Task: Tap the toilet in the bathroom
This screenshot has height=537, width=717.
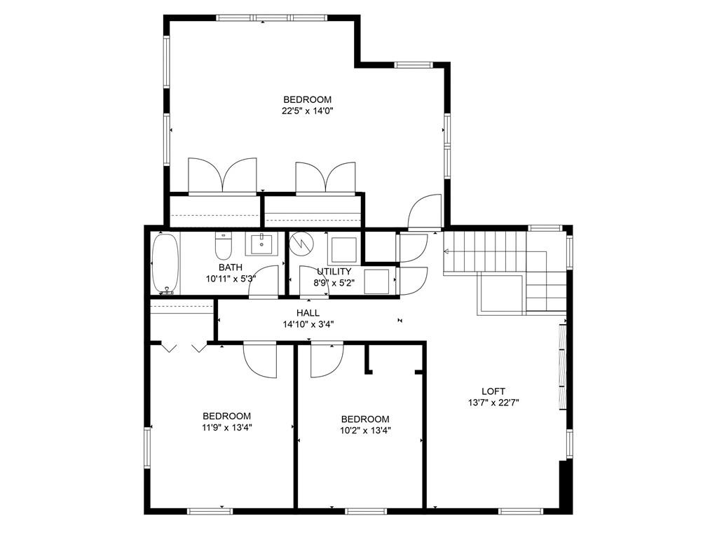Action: point(224,246)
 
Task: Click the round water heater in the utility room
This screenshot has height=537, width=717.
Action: point(303,245)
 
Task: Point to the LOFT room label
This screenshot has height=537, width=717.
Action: point(493,391)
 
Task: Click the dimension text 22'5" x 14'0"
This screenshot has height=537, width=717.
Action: point(307,111)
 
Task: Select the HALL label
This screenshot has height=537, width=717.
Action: point(308,313)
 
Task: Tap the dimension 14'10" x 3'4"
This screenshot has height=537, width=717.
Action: point(308,324)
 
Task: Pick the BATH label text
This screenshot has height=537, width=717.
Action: point(231,267)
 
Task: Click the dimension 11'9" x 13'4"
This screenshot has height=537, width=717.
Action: point(226,427)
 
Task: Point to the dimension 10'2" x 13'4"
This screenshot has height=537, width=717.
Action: point(365,431)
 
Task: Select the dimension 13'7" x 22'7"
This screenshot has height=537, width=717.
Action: point(493,403)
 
